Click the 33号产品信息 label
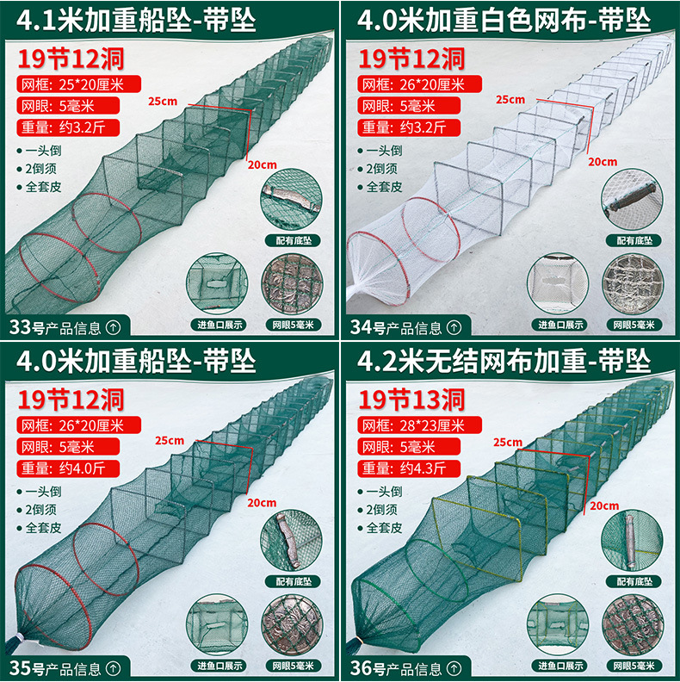pyautogui.click(x=65, y=327)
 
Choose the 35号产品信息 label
pyautogui.click(x=65, y=666)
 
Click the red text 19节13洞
pyautogui.click(x=411, y=399)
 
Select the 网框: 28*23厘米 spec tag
pyautogui.click(x=412, y=425)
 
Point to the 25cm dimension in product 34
pyautogui.click(x=510, y=99)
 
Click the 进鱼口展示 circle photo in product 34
pyautogui.click(x=560, y=282)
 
